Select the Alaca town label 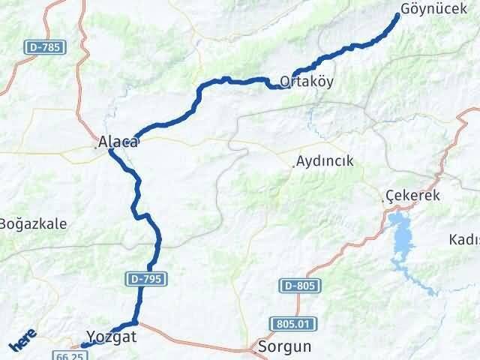tap(118, 140)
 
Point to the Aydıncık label tap(325, 161)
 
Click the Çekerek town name tap(412, 195)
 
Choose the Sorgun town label tap(283, 346)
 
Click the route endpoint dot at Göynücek tap(397, 15)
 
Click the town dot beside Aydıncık tap(293, 166)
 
